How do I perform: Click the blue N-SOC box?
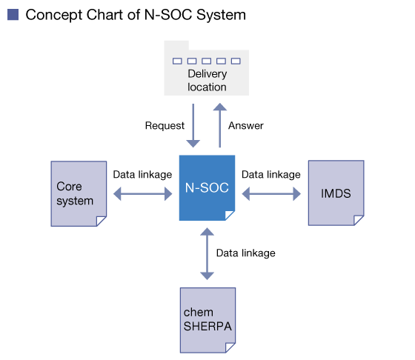[x=207, y=188]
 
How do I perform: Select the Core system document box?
[x=79, y=193]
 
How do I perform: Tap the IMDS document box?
[x=336, y=193]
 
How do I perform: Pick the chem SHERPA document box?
[x=207, y=320]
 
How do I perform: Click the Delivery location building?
[x=207, y=68]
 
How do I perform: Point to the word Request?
[x=165, y=125]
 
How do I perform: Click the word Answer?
[x=246, y=125]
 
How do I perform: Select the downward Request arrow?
[x=193, y=125]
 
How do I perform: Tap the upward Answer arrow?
[x=220, y=125]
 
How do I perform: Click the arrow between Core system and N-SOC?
[x=142, y=194]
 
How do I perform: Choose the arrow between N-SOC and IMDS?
[x=271, y=194]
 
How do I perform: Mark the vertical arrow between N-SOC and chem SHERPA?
[x=207, y=254]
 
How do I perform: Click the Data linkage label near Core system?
[x=142, y=175]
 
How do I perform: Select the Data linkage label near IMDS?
[x=271, y=175]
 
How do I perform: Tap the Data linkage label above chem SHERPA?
[x=245, y=253]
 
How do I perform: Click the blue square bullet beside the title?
[x=13, y=15]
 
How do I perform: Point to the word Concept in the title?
[x=54, y=15]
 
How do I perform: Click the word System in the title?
[x=222, y=15]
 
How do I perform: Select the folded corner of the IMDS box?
[x=359, y=220]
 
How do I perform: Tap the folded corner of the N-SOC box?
[x=230, y=216]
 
